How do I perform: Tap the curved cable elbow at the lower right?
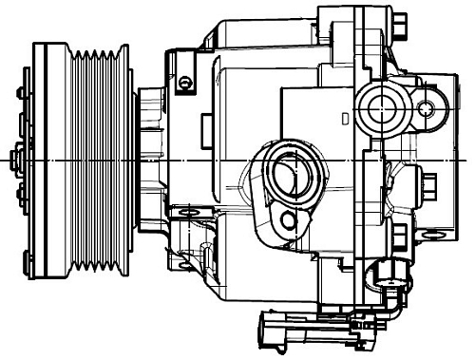[391, 309]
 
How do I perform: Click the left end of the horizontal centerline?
[3, 161]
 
